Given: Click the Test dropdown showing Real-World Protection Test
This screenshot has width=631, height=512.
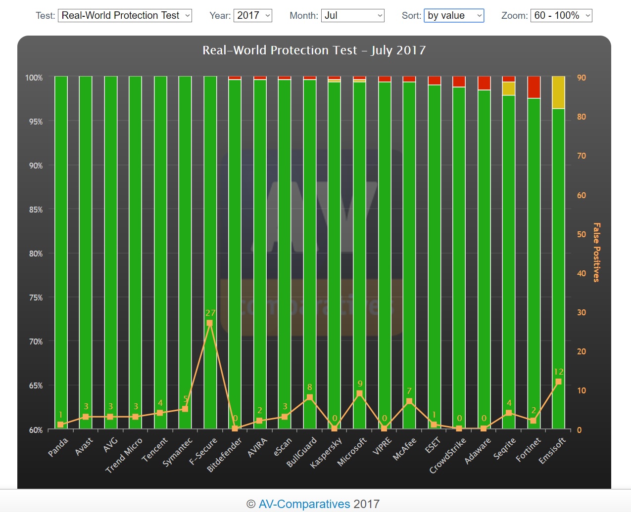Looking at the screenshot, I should click(125, 16).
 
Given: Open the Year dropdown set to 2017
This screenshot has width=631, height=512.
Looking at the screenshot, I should click(253, 16).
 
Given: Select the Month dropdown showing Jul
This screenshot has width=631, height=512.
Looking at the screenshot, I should click(352, 16).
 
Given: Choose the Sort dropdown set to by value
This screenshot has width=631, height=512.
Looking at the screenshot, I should click(453, 16).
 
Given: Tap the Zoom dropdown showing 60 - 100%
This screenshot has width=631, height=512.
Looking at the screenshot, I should click(561, 16).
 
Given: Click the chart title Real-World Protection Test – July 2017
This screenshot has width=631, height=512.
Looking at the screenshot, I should click(314, 50).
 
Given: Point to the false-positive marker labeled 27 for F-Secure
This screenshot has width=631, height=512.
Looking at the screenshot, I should click(209, 323).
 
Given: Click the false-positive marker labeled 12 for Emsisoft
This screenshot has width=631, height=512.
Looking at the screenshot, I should click(558, 382).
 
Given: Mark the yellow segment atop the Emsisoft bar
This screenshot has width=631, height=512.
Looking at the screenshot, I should click(558, 92).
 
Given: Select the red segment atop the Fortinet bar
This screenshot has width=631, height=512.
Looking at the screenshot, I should click(534, 87).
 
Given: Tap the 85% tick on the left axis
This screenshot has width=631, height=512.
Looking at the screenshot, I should click(36, 210).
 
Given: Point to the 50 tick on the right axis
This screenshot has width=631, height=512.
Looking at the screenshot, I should click(582, 234).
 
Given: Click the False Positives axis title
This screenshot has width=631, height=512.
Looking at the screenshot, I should click(596, 252).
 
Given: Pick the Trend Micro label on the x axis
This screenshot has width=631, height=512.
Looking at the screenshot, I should click(124, 455).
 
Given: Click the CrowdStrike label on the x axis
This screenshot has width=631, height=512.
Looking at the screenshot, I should click(447, 455).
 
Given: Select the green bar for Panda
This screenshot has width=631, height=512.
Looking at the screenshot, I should click(61, 247).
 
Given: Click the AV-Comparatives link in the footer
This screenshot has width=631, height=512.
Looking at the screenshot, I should click(304, 504).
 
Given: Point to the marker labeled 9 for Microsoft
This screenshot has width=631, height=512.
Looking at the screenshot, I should click(359, 394).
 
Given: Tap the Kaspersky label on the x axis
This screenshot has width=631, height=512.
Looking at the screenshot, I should click(326, 453).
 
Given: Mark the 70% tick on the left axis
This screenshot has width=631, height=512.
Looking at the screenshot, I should click(36, 341).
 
